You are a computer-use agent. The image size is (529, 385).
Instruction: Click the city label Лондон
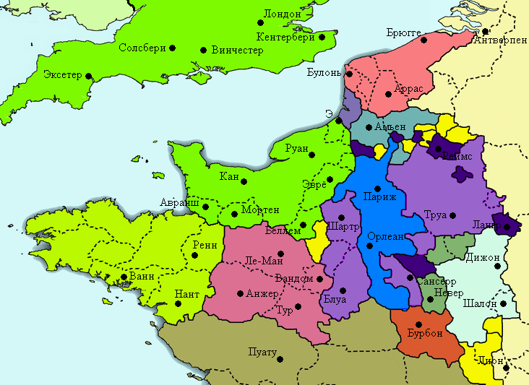pos(283,13)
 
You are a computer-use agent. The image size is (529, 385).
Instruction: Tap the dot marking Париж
pos(377,189)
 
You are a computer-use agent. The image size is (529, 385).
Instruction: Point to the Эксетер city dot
pos(89,75)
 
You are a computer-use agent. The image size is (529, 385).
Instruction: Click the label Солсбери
pos(142,48)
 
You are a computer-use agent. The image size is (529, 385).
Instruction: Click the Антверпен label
pos(500,40)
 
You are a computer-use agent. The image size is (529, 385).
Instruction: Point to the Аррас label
pos(408,90)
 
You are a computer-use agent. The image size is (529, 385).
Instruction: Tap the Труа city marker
pos(452,215)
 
